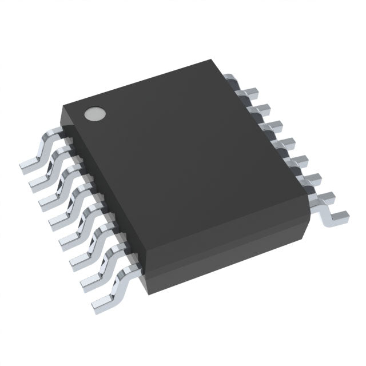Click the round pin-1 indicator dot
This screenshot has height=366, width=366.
click(x=94, y=114)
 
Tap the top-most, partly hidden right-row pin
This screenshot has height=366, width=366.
click(x=229, y=79)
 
